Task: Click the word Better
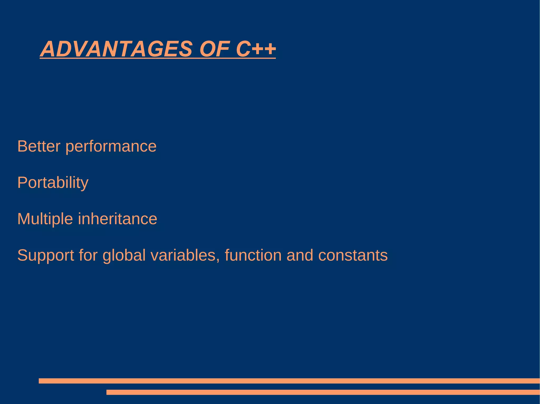click(x=39, y=146)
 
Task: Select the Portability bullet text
click(x=53, y=182)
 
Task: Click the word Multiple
click(x=45, y=219)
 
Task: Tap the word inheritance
click(x=118, y=219)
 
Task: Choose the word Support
click(x=46, y=255)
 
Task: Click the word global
click(x=124, y=255)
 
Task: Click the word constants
click(x=353, y=255)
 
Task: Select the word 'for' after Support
click(x=88, y=255)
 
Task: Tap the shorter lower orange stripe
click(x=323, y=392)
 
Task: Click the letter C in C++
click(x=243, y=49)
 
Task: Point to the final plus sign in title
click(x=269, y=49)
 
